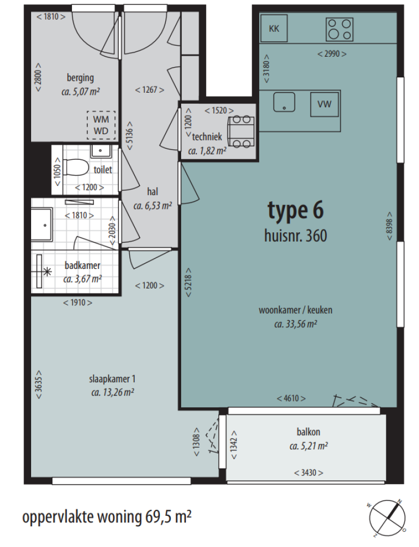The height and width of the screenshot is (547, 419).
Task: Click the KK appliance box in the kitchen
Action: (x=274, y=28)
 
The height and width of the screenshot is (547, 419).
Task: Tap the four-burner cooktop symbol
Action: (x=339, y=29)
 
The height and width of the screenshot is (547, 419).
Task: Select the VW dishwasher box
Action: (x=325, y=104)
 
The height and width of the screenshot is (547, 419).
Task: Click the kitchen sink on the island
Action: (x=284, y=102)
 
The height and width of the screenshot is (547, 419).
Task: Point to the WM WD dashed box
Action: (x=100, y=125)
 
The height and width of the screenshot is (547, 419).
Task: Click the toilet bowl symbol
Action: (x=74, y=166)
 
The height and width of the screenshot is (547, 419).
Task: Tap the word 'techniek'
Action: (x=207, y=137)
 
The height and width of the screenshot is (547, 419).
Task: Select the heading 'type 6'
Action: (x=296, y=211)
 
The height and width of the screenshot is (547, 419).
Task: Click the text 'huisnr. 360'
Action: (x=295, y=236)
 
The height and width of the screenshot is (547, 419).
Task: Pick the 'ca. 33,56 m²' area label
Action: (x=295, y=324)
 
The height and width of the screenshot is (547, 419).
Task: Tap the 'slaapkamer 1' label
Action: (x=112, y=379)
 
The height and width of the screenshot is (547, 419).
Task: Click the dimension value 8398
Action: (x=389, y=223)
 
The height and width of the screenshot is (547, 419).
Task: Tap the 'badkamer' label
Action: (x=82, y=266)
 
